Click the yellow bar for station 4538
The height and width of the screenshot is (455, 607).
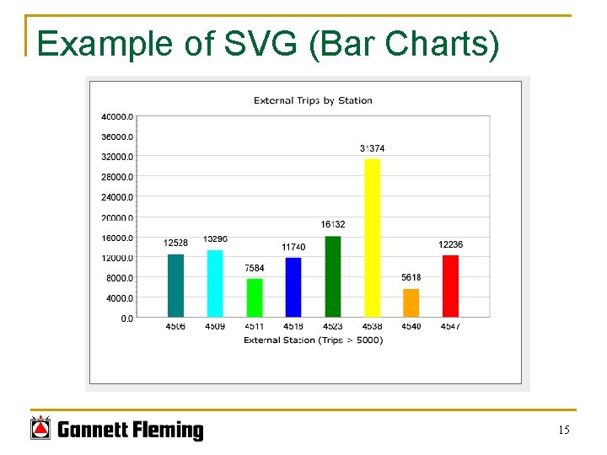372,238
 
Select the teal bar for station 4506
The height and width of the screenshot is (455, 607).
175,286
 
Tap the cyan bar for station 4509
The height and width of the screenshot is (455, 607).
215,283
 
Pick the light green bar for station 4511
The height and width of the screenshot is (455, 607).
255,297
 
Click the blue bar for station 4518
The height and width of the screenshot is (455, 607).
293,287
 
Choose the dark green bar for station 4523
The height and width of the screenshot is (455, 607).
333,276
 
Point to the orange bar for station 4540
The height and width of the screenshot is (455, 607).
411,303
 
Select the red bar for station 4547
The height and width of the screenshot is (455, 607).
450,286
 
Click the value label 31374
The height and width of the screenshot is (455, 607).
372,148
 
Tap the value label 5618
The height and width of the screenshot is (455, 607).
411,277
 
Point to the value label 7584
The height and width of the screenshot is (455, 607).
255,268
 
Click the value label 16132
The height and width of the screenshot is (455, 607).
333,224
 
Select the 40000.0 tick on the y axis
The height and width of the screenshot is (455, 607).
117,116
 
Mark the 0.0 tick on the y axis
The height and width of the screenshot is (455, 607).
126,318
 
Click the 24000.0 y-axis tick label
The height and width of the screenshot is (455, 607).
117,197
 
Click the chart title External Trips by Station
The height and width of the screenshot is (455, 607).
313,100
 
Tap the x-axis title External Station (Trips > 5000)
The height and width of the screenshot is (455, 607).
313,340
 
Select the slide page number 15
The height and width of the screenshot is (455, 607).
563,431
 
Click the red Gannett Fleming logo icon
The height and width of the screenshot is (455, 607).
40,430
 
